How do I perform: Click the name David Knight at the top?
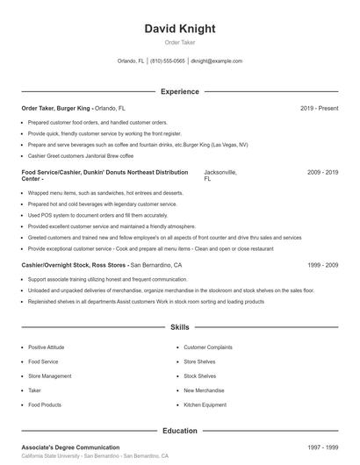point(179,28)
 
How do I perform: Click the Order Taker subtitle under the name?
point(179,43)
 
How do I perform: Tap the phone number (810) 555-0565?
point(168,61)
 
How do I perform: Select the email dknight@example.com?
point(216,61)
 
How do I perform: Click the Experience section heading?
point(179,91)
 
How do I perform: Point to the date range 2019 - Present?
point(319,108)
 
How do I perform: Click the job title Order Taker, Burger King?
point(56,108)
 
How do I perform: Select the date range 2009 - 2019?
point(322,173)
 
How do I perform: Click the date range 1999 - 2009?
point(322,264)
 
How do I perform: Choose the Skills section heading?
point(179,327)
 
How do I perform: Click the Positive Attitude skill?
point(47,347)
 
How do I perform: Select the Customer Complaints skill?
point(207,347)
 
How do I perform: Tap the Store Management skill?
point(49,376)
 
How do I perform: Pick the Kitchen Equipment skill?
point(205,404)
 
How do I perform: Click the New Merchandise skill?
point(203,390)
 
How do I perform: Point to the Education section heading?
point(179,431)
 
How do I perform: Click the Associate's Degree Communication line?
point(70,447)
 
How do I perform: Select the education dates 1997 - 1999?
point(322,447)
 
